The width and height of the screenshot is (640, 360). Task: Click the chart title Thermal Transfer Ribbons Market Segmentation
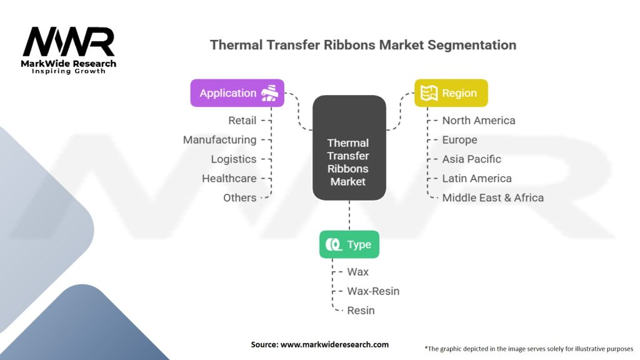coord(362,45)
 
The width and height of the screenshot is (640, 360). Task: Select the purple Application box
coord(237,93)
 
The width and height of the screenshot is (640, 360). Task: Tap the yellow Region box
coord(451,93)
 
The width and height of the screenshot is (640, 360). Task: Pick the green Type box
coord(349,244)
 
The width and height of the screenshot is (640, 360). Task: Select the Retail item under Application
coord(242,121)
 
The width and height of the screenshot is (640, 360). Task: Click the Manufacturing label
coord(219,140)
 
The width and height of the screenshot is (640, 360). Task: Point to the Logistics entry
coord(233,159)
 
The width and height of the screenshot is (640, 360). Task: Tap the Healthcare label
coord(229,179)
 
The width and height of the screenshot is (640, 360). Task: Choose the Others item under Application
coord(239,198)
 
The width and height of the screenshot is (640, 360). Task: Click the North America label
coord(478,121)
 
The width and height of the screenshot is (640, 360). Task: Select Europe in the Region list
coord(459,140)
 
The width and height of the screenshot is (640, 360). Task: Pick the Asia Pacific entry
coord(471,159)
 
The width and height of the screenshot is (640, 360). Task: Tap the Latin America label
coord(476,179)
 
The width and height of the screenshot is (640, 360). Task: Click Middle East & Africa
coord(492,198)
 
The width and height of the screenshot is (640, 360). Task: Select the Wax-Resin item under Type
coord(373,291)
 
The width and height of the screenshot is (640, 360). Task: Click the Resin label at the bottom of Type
coord(361,311)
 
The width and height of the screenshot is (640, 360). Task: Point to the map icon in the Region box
coord(428,93)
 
